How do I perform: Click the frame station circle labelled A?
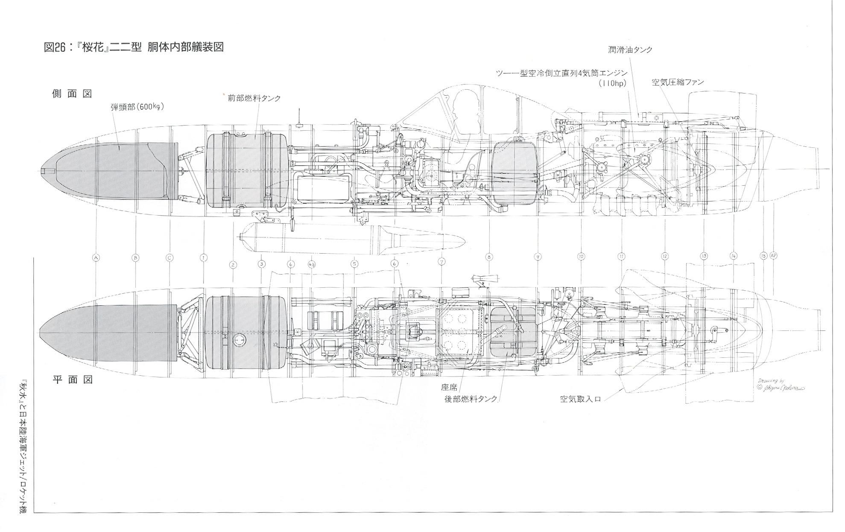coord(96,257)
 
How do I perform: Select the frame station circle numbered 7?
coord(442,261)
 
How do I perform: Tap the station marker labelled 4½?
coord(312,264)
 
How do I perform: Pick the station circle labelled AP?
coord(774,256)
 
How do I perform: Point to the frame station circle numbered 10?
coord(581,257)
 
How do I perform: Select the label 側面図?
coord(72,94)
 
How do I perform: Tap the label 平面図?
coord(72,380)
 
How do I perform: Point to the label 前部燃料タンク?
coord(254,98)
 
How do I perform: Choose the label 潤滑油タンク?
coord(630,50)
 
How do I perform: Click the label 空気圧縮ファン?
coord(678,82)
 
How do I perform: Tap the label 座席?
coord(449,387)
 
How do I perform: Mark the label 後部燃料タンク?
coord(471,399)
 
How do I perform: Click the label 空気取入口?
coord(580,400)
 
